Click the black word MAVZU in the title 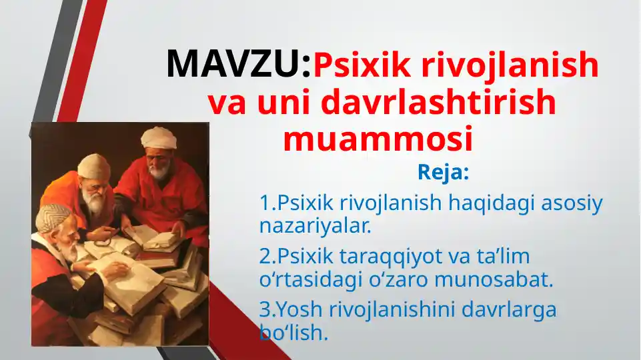[233, 64]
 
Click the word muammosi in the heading [378, 139]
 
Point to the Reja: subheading [443, 173]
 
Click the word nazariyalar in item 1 [315, 225]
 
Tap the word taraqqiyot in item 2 [392, 257]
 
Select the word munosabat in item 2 [494, 279]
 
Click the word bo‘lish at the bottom [294, 332]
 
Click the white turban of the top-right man [159, 137]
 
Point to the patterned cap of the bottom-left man [53, 217]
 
